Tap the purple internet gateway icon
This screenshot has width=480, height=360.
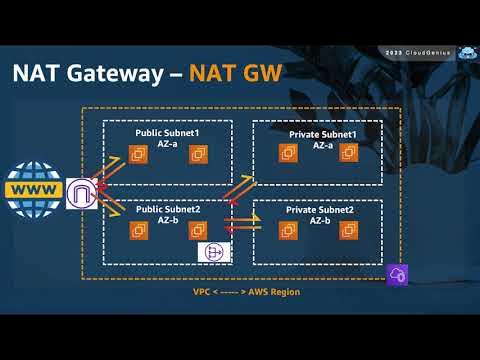click(81, 193)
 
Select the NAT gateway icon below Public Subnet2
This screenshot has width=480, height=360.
click(213, 251)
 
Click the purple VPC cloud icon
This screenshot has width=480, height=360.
click(398, 273)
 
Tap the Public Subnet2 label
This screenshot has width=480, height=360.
click(168, 216)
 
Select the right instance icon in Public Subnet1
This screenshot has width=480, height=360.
click(198, 153)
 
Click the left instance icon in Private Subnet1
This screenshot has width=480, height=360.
click(290, 152)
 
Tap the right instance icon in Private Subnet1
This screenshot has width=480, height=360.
click(348, 152)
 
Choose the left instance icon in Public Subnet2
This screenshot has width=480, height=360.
click(140, 231)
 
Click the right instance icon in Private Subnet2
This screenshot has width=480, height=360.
click(348, 232)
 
